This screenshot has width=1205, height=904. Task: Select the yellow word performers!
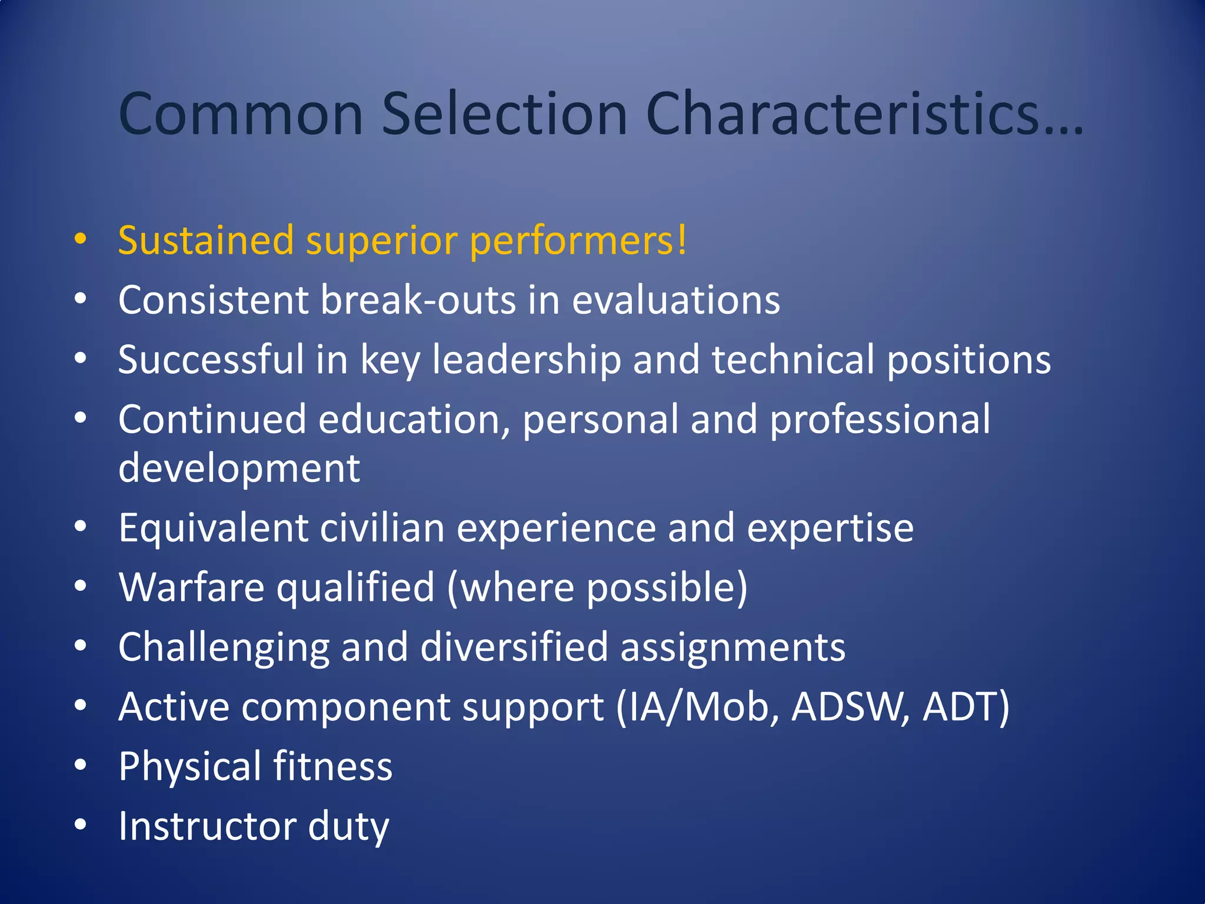[578, 241]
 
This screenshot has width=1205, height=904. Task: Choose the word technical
[793, 360]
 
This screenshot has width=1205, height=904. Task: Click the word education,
[414, 420]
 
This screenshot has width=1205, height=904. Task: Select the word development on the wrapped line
[239, 469]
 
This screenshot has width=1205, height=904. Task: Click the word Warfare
[191, 587]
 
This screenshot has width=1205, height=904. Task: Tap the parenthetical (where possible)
[597, 587]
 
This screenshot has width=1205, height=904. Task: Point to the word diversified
[514, 647]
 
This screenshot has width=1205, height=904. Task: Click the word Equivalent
[213, 528]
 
